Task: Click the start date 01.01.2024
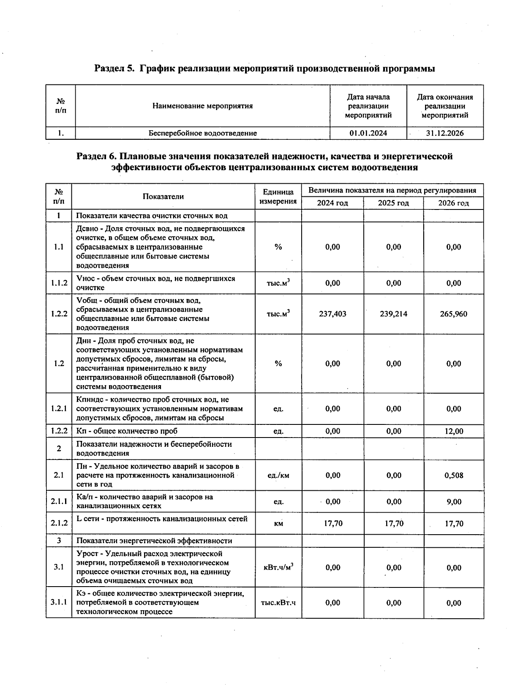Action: point(368,133)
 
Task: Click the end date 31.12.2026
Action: point(444,133)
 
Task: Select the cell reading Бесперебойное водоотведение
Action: point(202,133)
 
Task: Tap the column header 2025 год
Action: point(393,203)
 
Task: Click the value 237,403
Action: point(333,314)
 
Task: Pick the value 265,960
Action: point(453,314)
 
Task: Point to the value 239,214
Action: point(393,314)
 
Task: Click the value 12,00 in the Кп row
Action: point(453,431)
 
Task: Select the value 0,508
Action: point(453,475)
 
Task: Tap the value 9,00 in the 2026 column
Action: point(453,502)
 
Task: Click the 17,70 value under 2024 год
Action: point(333,523)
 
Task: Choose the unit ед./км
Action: point(278,475)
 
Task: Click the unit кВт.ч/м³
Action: point(278,568)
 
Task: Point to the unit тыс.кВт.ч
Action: point(278,603)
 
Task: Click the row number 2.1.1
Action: point(59,501)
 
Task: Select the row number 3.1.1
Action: point(59,602)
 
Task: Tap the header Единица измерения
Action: point(278,196)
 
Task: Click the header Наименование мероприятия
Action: point(202,106)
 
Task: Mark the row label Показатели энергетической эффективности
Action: point(154,541)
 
